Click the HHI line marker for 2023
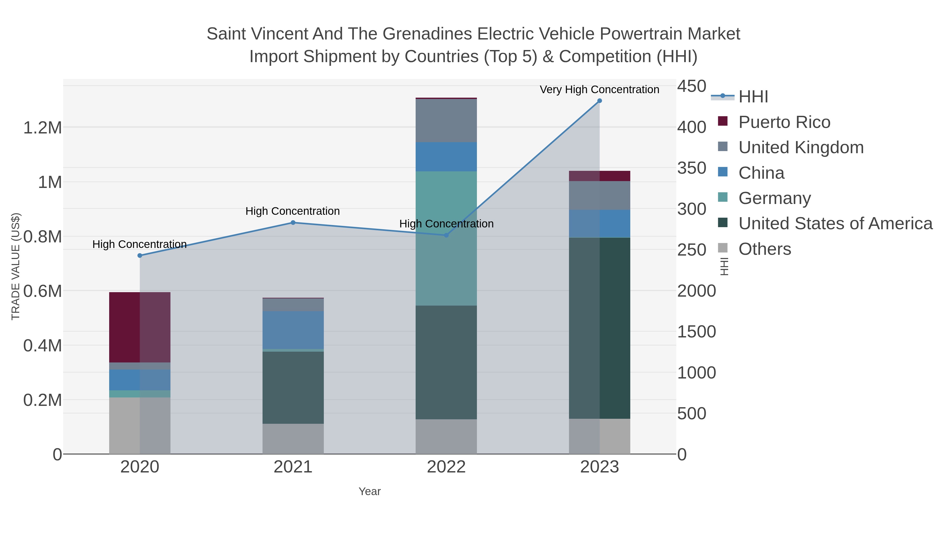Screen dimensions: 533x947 599,101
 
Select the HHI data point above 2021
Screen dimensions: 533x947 293,222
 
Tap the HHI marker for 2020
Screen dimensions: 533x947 140,256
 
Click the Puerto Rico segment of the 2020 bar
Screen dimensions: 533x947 140,327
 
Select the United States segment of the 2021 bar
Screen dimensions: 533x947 293,387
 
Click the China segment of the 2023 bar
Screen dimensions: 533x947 599,224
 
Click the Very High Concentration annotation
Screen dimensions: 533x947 599,90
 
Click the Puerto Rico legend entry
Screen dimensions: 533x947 784,122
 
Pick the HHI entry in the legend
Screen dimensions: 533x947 753,97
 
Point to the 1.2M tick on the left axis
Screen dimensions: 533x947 43,128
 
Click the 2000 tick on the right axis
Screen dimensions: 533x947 696,291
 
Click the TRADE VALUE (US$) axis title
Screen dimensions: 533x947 16,266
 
